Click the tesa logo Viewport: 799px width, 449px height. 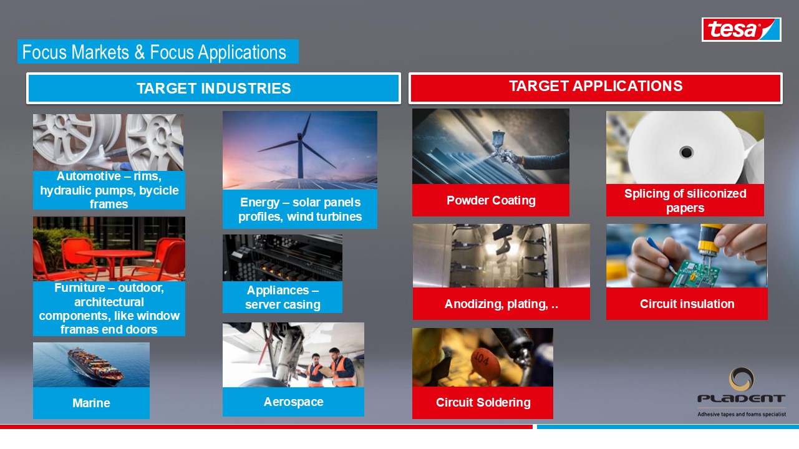coord(741,29)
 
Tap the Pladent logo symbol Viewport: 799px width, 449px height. coord(742,379)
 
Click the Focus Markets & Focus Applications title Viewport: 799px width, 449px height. coord(154,52)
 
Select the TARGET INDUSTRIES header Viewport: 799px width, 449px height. coord(214,89)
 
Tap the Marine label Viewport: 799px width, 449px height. coord(91,403)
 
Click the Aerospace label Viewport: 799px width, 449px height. coord(293,402)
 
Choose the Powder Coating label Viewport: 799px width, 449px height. coord(491,200)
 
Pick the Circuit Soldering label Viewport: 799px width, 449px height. coord(483,403)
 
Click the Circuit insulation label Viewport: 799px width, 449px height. coord(687,304)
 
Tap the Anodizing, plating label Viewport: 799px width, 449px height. coord(501,304)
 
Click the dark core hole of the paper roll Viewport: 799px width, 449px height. coord(686,152)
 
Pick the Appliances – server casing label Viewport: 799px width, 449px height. coord(283,297)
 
